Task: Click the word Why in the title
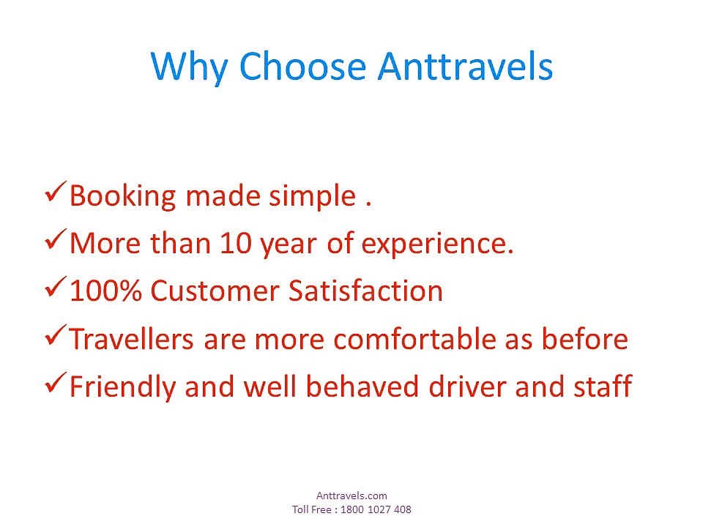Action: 189,67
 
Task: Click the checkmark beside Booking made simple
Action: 56,192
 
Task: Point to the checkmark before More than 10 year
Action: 56,239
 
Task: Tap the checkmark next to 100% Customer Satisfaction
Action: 56,287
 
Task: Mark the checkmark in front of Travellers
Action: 56,335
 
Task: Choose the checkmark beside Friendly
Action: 56,383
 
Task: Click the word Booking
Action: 123,196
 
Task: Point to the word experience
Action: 437,245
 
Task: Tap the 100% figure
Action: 105,291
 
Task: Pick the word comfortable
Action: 414,338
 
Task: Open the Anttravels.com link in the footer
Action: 351,496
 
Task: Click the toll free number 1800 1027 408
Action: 376,509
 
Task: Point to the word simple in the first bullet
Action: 312,197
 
